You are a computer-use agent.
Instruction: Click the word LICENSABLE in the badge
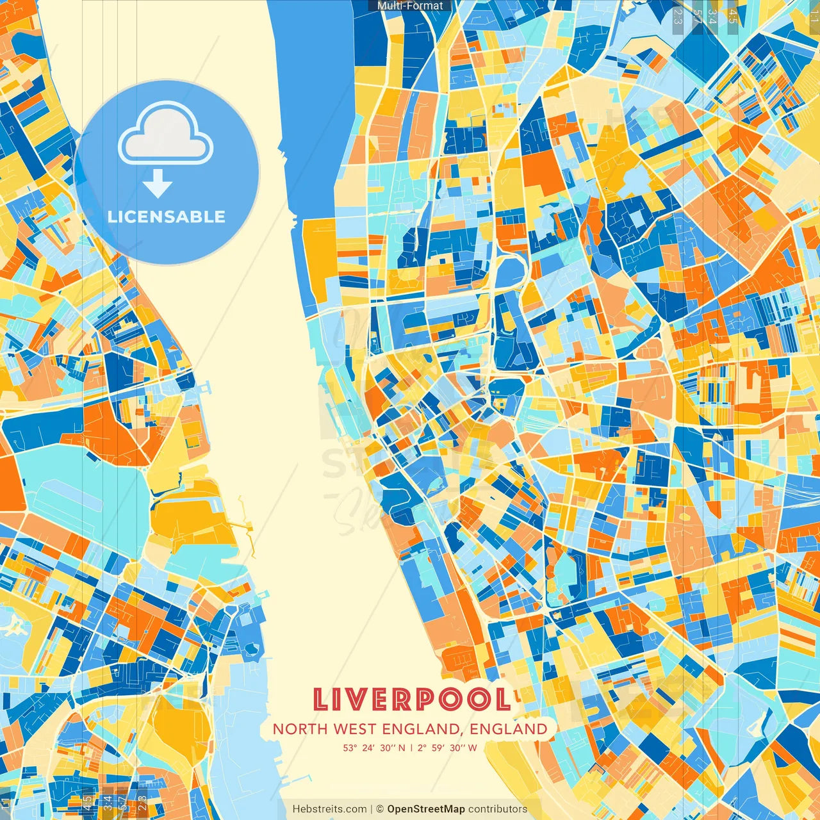[x=166, y=217]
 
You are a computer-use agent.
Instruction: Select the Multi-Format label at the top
[x=410, y=6]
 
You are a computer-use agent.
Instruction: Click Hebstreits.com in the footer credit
[x=329, y=809]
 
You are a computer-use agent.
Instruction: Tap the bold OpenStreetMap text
[x=425, y=809]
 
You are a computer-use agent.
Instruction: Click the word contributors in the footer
[x=498, y=809]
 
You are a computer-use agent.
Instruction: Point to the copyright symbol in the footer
[x=379, y=809]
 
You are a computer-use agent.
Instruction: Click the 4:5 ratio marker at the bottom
[x=88, y=803]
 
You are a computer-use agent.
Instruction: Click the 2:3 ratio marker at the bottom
[x=142, y=803]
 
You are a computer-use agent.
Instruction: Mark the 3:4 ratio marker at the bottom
[x=108, y=803]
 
